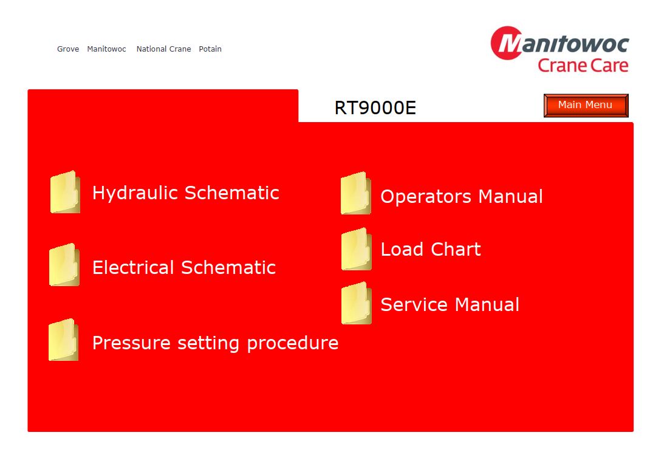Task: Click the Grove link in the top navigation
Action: click(x=68, y=49)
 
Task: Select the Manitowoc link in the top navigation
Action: click(x=106, y=49)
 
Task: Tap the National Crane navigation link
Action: click(x=164, y=49)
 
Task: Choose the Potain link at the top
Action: click(x=210, y=49)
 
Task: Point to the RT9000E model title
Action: click(x=375, y=108)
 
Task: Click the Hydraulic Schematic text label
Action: click(x=186, y=193)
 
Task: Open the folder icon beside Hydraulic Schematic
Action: click(x=65, y=192)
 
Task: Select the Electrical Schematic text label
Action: click(x=184, y=267)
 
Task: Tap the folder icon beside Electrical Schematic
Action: click(x=64, y=265)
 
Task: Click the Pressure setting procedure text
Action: click(x=215, y=343)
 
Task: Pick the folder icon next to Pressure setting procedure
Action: click(x=63, y=340)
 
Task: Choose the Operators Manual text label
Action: click(x=462, y=197)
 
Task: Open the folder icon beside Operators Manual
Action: click(x=355, y=193)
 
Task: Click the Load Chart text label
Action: click(x=431, y=250)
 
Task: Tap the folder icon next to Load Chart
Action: click(x=356, y=249)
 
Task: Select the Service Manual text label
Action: click(x=450, y=304)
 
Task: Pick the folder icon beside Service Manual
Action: click(x=356, y=303)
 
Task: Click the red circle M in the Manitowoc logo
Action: click(x=507, y=43)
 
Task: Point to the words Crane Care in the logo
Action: click(x=583, y=66)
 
